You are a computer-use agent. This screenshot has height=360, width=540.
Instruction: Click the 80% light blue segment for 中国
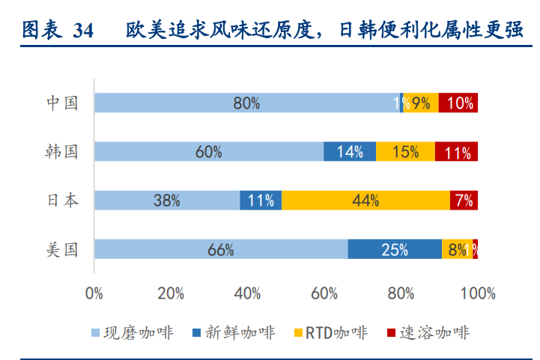[247, 103]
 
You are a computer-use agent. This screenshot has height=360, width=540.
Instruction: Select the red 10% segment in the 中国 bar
[458, 103]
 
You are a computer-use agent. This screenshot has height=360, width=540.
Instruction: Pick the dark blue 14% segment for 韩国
[350, 152]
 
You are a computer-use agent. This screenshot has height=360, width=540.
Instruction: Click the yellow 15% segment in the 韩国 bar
[405, 152]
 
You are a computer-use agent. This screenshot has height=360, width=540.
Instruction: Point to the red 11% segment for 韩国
[456, 152]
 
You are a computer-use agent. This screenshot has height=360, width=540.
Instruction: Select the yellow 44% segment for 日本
[365, 200]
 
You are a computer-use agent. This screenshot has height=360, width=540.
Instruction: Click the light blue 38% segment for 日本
[166, 200]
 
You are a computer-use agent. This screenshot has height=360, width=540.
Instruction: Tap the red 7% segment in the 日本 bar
[464, 200]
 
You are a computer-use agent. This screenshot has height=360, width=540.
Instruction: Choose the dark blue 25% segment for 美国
[395, 249]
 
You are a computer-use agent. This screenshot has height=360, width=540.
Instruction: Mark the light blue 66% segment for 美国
[221, 249]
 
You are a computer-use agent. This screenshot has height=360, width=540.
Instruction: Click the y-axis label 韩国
[61, 152]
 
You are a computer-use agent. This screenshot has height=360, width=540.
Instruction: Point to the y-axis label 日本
[61, 200]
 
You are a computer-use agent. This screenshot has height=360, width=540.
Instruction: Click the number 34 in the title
[83, 30]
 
